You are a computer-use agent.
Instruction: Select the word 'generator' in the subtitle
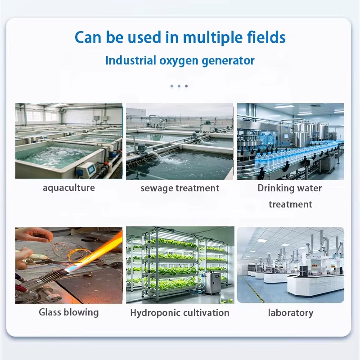point(228,61)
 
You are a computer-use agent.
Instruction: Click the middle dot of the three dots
point(179,86)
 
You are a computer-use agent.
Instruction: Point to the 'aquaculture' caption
point(69,188)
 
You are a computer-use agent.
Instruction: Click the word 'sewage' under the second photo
point(156,188)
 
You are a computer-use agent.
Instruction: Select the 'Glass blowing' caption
point(69,312)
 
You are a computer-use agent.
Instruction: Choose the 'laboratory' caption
point(291,313)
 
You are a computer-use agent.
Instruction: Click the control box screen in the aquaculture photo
point(91,169)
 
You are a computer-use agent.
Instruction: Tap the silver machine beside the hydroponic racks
point(213,283)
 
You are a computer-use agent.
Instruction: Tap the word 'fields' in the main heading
point(266,37)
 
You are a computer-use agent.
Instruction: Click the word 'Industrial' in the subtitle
point(131,61)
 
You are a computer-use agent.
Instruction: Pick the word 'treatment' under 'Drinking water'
point(290,204)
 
